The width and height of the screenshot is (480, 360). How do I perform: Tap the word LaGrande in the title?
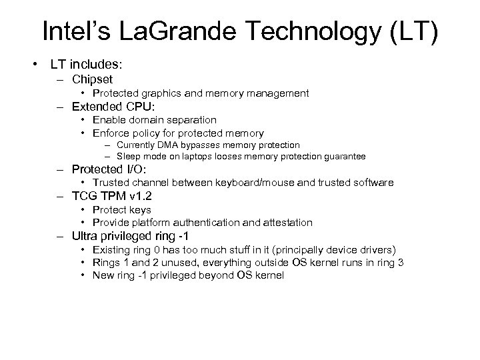click(x=177, y=32)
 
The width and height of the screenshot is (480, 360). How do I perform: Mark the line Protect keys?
click(x=121, y=209)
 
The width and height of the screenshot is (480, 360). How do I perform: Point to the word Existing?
click(x=113, y=250)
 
